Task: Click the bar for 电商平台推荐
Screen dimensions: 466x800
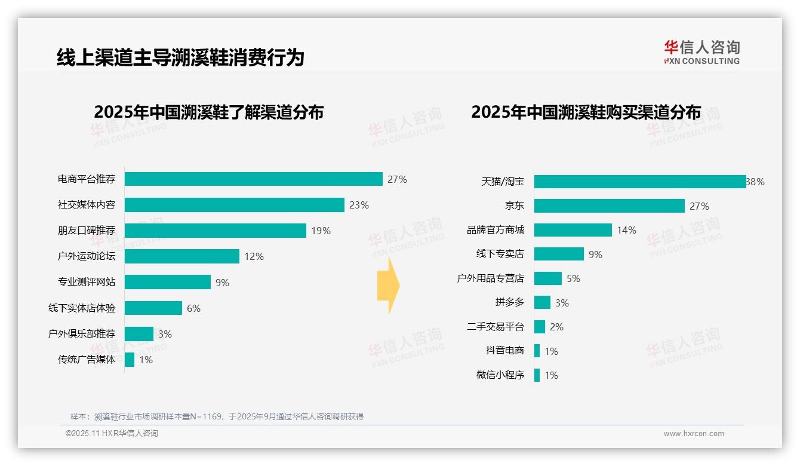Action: pyautogui.click(x=253, y=179)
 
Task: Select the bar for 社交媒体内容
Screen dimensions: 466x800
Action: pyautogui.click(x=234, y=205)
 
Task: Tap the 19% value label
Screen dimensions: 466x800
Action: pyautogui.click(x=321, y=231)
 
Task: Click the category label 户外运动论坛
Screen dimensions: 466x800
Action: pyautogui.click(x=87, y=256)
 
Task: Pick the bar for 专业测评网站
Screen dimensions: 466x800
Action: pyautogui.click(x=168, y=282)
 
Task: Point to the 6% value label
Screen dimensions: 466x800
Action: pyautogui.click(x=193, y=308)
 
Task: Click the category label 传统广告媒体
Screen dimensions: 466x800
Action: pyautogui.click(x=87, y=360)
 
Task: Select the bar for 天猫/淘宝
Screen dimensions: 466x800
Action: pyautogui.click(x=639, y=182)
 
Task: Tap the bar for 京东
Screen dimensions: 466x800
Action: pyautogui.click(x=609, y=206)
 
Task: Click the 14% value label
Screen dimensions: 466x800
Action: pyautogui.click(x=626, y=230)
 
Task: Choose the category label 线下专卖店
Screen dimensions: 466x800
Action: pyautogui.click(x=500, y=254)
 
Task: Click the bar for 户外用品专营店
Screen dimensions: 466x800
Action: pyautogui.click(x=547, y=278)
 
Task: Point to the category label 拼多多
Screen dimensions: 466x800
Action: pyautogui.click(x=510, y=302)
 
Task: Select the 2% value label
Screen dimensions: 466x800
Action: pyautogui.click(x=556, y=327)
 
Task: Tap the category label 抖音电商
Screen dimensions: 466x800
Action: pyautogui.click(x=505, y=351)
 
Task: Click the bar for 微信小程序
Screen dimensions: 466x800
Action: pyautogui.click(x=537, y=375)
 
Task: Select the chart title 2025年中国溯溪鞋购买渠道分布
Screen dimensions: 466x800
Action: pyautogui.click(x=586, y=112)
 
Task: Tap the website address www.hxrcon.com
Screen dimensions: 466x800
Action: pyautogui.click(x=694, y=434)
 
